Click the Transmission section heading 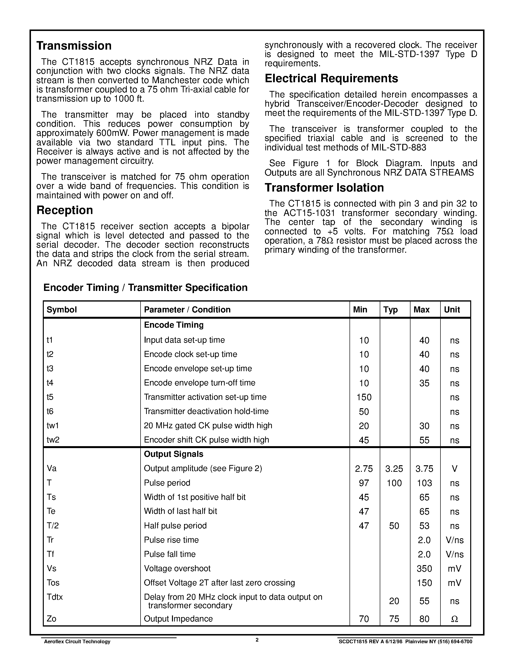tap(74, 46)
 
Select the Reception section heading tap(65, 210)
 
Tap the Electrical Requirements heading tap(331, 79)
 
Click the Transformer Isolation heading tap(324, 188)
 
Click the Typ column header tap(390, 310)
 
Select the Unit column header tap(452, 310)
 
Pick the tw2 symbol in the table tap(53, 440)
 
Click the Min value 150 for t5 tap(364, 397)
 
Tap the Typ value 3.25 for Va tap(394, 469)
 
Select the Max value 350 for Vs tap(424, 569)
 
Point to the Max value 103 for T tap(424, 483)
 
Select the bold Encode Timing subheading tap(174, 325)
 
